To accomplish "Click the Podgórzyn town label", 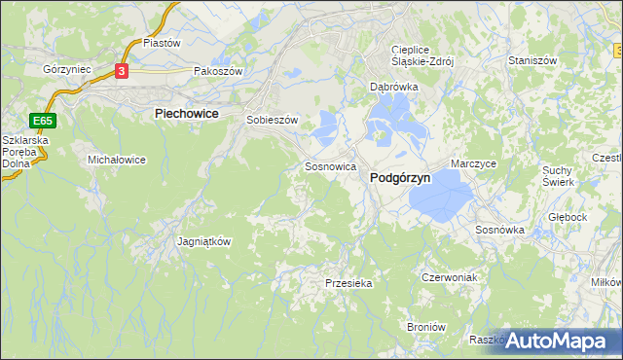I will tap(401, 178).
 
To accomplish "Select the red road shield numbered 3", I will tap(121, 71).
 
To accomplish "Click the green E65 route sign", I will tap(42, 121).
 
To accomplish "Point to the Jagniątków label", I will tap(203, 241).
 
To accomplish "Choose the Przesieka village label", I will tap(348, 283).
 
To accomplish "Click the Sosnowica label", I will tap(329, 166).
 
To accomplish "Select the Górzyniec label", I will tap(66, 70).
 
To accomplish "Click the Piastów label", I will tap(163, 43).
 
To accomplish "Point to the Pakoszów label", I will tap(216, 71).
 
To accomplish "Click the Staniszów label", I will tap(532, 60).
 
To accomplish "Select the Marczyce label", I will tap(474, 164).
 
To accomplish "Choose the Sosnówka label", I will tap(499, 231).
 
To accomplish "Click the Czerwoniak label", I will tap(449, 277).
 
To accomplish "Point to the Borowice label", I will tap(425, 328).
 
